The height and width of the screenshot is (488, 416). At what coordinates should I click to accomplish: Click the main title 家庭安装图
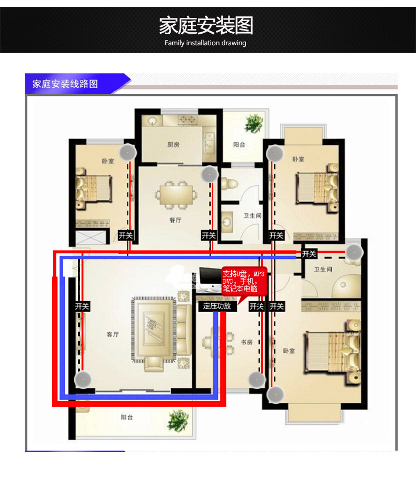pyautogui.click(x=206, y=25)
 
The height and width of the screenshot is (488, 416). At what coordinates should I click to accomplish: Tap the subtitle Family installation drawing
pyautogui.click(x=205, y=43)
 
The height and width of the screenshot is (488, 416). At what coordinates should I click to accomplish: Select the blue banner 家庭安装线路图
pyautogui.click(x=65, y=84)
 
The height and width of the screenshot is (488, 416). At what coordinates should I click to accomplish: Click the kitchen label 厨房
pyautogui.click(x=173, y=144)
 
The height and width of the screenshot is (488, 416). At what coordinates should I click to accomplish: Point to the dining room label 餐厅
pyautogui.click(x=175, y=220)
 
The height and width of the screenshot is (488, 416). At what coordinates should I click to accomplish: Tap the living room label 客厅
pyautogui.click(x=113, y=334)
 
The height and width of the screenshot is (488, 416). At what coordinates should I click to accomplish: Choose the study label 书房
pyautogui.click(x=246, y=342)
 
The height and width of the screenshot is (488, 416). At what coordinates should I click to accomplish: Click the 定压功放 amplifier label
pyautogui.click(x=217, y=306)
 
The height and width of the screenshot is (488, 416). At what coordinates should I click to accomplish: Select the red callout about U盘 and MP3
pyautogui.click(x=244, y=281)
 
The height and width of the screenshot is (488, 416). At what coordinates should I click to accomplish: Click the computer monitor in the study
pyautogui.click(x=210, y=279)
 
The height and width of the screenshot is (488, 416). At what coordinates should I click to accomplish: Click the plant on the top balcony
pyautogui.click(x=254, y=123)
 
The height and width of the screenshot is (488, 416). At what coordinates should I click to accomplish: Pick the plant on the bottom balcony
pyautogui.click(x=178, y=421)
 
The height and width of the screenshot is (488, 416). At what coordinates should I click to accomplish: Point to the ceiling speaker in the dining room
pyautogui.click(x=210, y=175)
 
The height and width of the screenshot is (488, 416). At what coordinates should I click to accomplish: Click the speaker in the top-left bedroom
pyautogui.click(x=128, y=152)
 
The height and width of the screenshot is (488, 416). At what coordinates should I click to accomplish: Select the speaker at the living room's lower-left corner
pyautogui.click(x=83, y=380)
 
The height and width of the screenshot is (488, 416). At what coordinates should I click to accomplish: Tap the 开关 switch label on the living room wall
pyautogui.click(x=82, y=306)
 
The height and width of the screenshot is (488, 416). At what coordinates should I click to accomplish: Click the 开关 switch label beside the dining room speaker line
pyautogui.click(x=209, y=235)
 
